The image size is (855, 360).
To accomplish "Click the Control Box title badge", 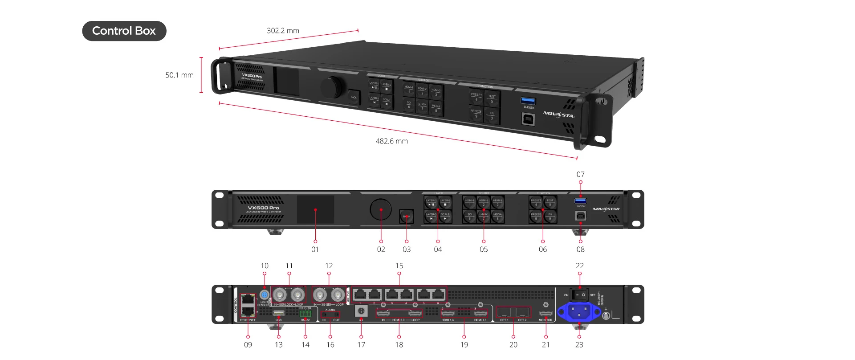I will tap(124, 31).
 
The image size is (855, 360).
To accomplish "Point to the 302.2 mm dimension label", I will tap(283, 31).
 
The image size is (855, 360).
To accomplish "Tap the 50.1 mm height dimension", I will tap(179, 75).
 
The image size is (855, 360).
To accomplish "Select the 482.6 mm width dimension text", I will tap(391, 141).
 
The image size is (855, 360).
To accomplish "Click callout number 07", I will tap(580, 174).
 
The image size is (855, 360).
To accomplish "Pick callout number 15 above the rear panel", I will tap(399, 266).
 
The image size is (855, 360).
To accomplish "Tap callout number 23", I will tap(579, 344).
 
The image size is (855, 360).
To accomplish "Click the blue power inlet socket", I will tap(578, 311).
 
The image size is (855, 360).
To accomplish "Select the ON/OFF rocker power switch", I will tap(579, 295).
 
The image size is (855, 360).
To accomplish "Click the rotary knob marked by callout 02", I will tap(381, 209).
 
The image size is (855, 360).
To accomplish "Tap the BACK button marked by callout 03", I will tap(407, 217).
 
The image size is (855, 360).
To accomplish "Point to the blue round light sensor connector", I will tap(264, 295).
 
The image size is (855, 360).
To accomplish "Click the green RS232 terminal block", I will tap(305, 314).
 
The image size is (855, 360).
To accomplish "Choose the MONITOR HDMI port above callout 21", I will tap(546, 314).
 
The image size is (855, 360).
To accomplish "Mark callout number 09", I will tap(248, 344).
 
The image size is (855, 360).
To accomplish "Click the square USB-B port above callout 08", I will tap(580, 216).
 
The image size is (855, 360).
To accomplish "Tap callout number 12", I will tap(329, 266).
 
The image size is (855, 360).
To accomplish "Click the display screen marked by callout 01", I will tap(315, 209).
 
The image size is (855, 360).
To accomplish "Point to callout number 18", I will tap(399, 344).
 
